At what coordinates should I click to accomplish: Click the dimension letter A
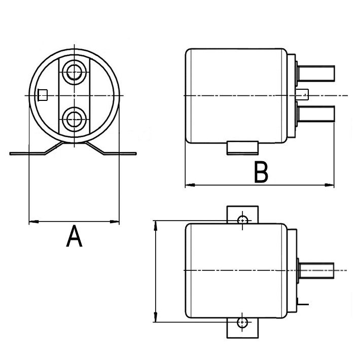[x=74, y=237]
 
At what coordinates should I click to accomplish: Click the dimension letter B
[x=261, y=173]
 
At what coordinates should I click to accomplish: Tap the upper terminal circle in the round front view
[x=75, y=71]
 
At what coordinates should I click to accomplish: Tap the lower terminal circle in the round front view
[x=75, y=120]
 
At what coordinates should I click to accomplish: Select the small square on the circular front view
[x=43, y=95]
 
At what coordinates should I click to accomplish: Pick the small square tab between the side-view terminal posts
[x=304, y=94]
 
